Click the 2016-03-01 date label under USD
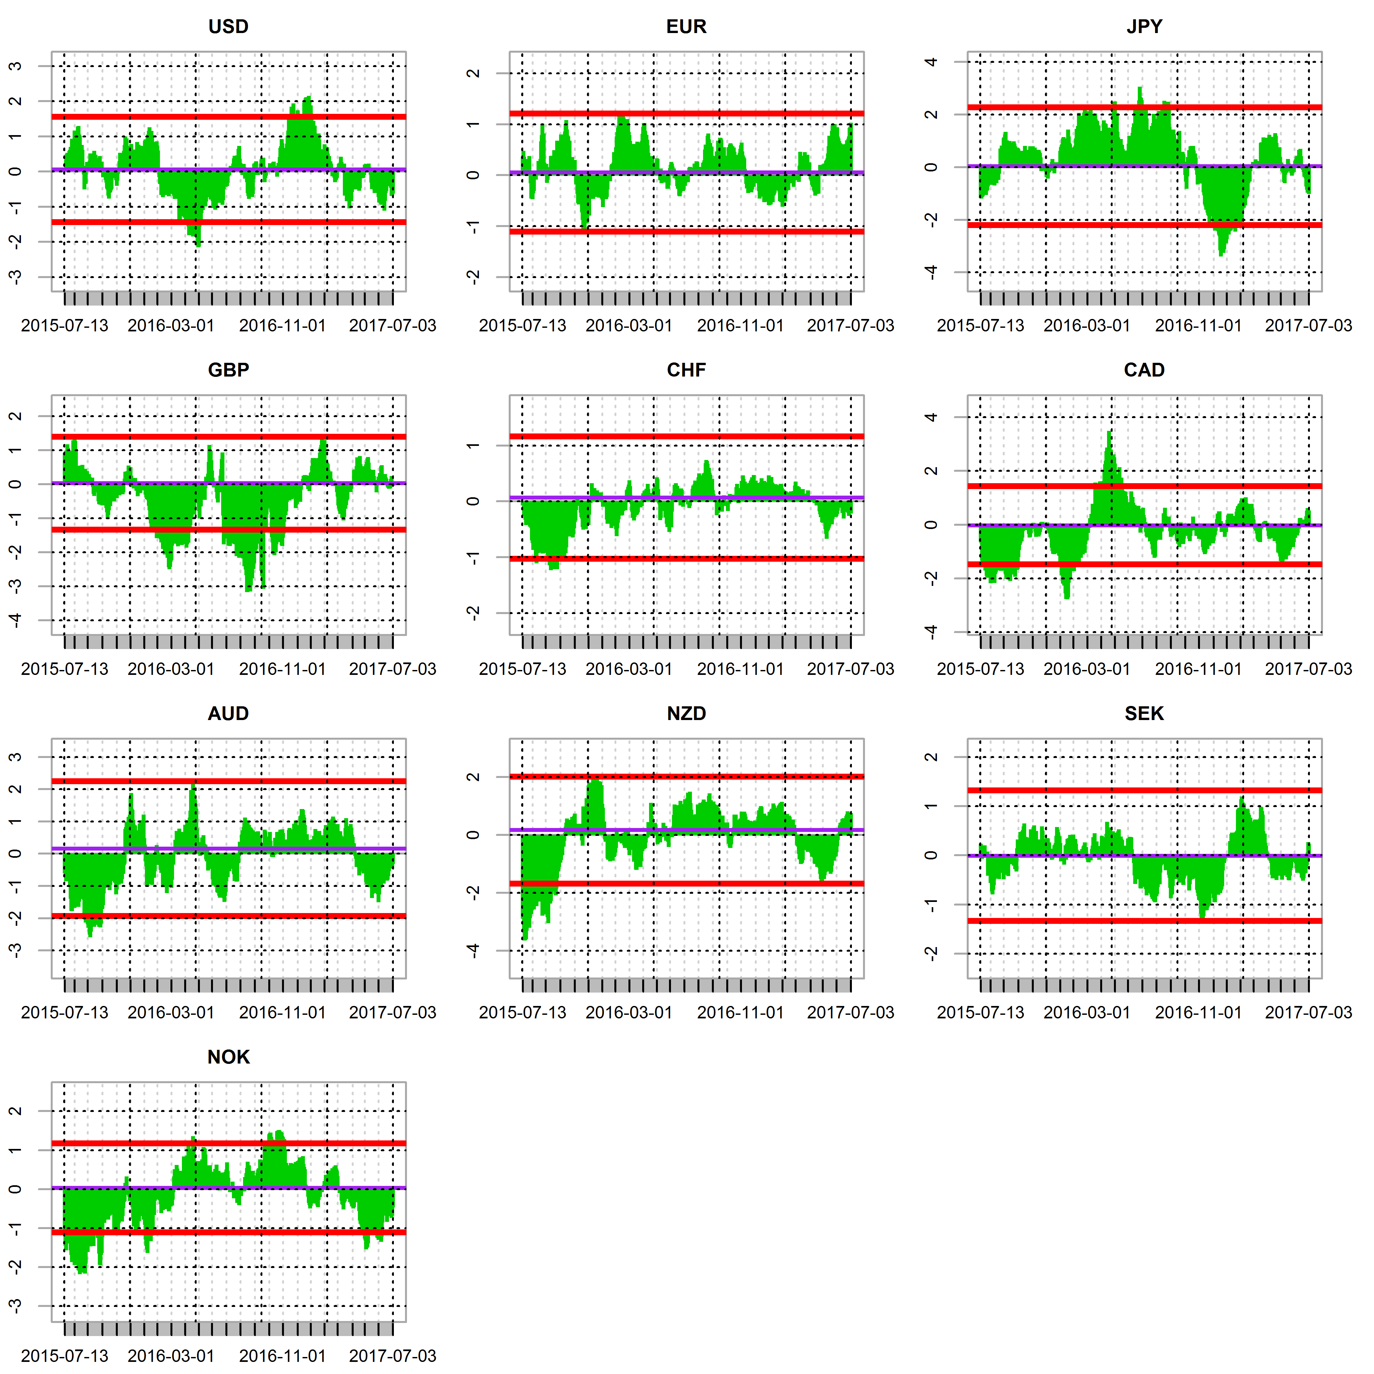(x=171, y=326)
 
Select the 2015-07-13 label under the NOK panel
(x=65, y=1356)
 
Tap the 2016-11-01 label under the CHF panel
(x=740, y=669)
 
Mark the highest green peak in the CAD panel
(x=1109, y=432)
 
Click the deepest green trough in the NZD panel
(x=525, y=939)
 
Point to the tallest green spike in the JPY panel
(x=1140, y=88)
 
